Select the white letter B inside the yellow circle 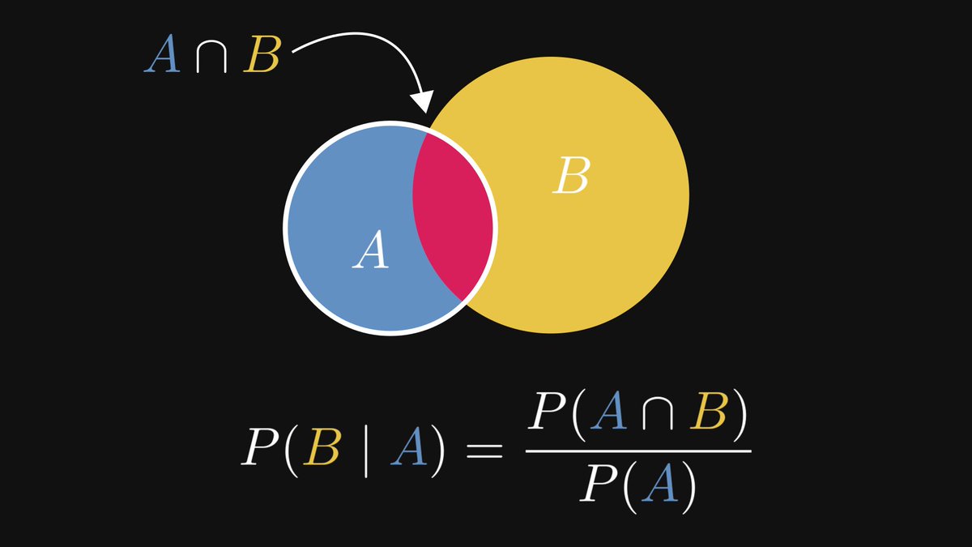pyautogui.click(x=570, y=176)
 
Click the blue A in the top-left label pyautogui.click(x=163, y=57)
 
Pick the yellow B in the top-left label pyautogui.click(x=262, y=57)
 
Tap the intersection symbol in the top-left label pyautogui.click(x=212, y=58)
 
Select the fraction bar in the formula pyautogui.click(x=638, y=452)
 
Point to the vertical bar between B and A pyautogui.click(x=364, y=450)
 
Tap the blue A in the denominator pyautogui.click(x=657, y=487)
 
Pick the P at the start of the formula pyautogui.click(x=258, y=448)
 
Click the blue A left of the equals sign pyautogui.click(x=408, y=448)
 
